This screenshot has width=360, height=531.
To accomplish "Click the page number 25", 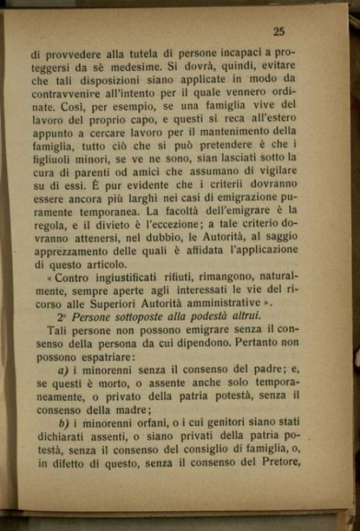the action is coord(279,32).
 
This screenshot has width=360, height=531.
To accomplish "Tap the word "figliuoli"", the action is coord(52,159).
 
